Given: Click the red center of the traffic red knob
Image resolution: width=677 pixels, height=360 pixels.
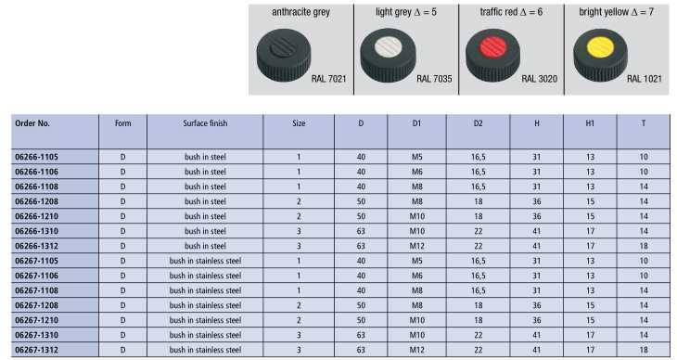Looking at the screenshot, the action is click(x=493, y=47).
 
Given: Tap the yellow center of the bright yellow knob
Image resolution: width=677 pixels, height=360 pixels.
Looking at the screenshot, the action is click(x=601, y=47).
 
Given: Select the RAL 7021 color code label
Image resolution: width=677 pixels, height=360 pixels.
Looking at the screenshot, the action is click(x=328, y=79).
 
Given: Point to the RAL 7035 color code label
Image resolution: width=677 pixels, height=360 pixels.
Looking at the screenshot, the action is click(x=434, y=79).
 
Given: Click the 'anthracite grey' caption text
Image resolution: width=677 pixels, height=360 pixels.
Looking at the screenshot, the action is click(x=300, y=12).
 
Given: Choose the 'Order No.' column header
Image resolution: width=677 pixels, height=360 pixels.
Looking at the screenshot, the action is click(x=32, y=123).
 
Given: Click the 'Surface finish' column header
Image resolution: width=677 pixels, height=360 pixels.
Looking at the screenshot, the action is click(x=205, y=123).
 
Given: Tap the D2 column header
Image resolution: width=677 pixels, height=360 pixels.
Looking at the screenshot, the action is click(x=478, y=123).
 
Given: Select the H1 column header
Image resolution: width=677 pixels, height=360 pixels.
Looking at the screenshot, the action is click(x=590, y=123).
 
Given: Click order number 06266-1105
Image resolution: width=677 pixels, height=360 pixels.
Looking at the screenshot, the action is click(x=37, y=157).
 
